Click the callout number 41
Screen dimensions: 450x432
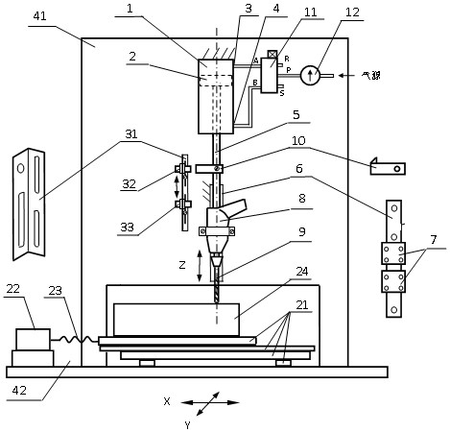point(39,16)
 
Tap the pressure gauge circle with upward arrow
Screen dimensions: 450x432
point(310,75)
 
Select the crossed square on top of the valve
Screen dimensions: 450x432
point(272,55)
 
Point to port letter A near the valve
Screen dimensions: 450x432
point(256,60)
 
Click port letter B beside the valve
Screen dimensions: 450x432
point(255,83)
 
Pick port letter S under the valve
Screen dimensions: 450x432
point(282,93)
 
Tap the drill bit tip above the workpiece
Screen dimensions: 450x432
point(217,301)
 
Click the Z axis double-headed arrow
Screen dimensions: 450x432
point(200,266)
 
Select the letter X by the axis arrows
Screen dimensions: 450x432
point(167,401)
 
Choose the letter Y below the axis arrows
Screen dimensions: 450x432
point(187,425)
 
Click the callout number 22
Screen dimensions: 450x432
point(13,289)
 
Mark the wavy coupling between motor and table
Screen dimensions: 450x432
point(74,339)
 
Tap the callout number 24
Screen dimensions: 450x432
point(302,272)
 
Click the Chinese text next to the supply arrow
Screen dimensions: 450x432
point(371,76)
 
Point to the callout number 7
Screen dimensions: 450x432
point(434,239)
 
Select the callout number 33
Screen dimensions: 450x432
point(127,227)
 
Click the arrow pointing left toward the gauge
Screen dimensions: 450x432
point(346,76)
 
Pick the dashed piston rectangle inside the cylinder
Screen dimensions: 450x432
point(216,81)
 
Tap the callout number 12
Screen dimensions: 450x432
point(352,12)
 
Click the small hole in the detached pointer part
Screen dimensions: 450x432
point(397,169)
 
